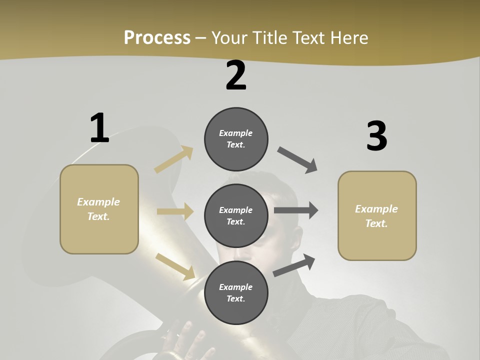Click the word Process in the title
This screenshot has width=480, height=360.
[157, 37]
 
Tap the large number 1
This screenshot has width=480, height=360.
[99, 128]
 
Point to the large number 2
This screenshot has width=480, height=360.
[236, 76]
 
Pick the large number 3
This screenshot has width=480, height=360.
[376, 136]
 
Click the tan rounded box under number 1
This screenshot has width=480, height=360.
[99, 209]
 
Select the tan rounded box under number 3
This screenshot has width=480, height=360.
[377, 216]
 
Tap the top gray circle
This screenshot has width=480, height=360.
[236, 138]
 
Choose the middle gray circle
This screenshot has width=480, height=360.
[236, 215]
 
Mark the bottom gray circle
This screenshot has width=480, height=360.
[236, 292]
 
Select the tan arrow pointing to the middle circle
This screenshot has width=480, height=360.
[175, 211]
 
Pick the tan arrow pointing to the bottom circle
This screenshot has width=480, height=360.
[175, 266]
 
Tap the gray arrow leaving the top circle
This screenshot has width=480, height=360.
[297, 160]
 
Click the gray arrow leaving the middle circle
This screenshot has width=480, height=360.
[295, 210]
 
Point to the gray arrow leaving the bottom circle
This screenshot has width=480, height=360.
[294, 265]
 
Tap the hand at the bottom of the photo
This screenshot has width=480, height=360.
[185, 340]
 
